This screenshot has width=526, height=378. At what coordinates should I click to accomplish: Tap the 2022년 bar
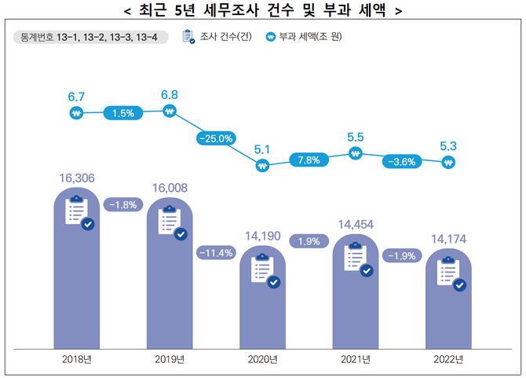point(448,306)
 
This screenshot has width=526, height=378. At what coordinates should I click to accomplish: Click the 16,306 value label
point(77,179)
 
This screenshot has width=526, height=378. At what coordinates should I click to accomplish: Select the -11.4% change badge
point(217,253)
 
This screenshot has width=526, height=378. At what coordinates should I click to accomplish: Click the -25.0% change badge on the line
point(217,138)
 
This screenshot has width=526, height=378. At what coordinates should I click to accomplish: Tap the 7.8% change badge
point(309,160)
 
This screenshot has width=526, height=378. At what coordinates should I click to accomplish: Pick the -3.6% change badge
point(402,161)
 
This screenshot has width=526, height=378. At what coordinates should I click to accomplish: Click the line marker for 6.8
point(170,112)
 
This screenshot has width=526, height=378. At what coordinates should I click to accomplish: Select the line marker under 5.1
point(262,166)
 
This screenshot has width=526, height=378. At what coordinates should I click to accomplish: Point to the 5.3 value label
point(448,145)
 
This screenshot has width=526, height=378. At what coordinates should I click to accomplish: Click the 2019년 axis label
point(170,360)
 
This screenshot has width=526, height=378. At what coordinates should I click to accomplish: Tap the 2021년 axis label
point(355,360)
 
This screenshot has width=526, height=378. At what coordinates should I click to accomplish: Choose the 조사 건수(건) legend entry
point(217,36)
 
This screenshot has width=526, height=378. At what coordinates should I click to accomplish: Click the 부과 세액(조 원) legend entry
point(303,36)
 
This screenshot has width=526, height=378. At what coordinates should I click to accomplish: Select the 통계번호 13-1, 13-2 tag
point(90,36)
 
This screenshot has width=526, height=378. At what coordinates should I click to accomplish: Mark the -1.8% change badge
point(123,204)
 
